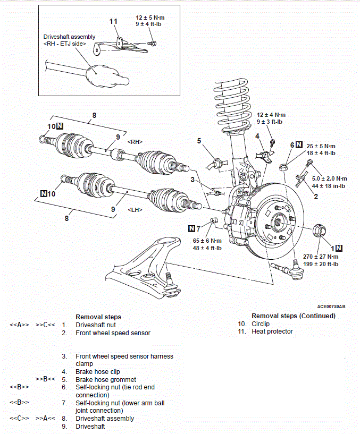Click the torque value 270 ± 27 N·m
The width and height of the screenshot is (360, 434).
tap(321, 257)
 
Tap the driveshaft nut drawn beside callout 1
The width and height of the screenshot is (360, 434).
tap(319, 231)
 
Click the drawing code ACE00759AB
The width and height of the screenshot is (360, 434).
tap(331, 307)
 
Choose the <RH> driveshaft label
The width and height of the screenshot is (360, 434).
tap(135, 142)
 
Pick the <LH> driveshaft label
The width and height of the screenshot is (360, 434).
tap(135, 210)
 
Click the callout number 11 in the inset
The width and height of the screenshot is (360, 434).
tap(113, 21)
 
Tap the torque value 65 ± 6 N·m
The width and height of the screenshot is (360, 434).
tap(207, 241)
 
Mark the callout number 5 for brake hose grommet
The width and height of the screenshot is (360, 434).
tap(199, 141)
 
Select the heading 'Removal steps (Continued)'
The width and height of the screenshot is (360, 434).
tap(294, 316)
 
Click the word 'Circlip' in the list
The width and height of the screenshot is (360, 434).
tap(261, 324)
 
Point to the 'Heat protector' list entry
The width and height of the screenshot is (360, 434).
tap(272, 331)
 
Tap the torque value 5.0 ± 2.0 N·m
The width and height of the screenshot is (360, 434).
tap(330, 179)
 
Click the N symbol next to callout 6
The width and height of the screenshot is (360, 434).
tap(299, 144)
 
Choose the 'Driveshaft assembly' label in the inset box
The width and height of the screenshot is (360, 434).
tap(69, 37)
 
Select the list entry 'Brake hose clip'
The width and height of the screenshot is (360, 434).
tap(98, 372)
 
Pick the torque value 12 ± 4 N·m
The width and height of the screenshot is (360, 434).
tap(271, 115)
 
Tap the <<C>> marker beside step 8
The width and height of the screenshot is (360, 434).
tap(19, 418)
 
